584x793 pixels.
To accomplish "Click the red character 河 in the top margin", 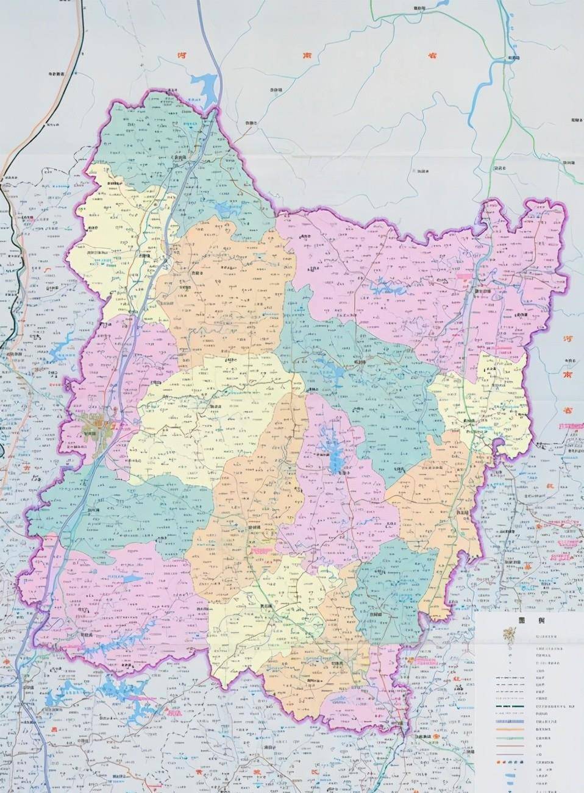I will point(180,55).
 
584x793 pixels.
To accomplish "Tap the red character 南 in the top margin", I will point(307,55).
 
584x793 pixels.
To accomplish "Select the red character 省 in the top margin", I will point(432,56).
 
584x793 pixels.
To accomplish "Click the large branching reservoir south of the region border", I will point(122,692).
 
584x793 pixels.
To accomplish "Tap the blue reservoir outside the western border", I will point(61,352).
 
